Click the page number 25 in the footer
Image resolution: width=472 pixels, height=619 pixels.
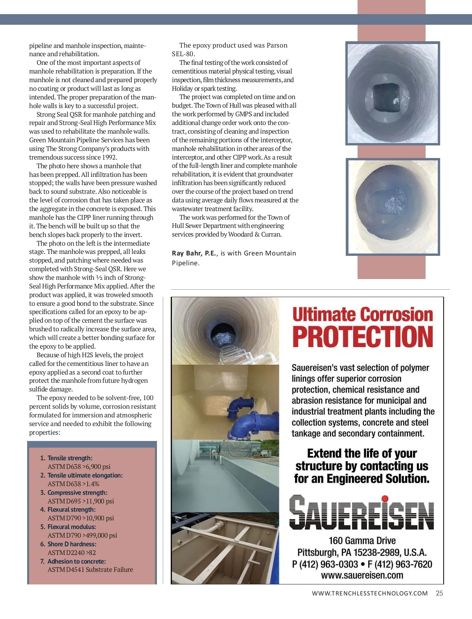click(x=439, y=593)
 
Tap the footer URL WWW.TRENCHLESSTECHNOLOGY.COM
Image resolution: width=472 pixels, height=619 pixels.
click(x=370, y=593)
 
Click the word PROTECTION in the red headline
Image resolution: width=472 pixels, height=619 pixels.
click(x=363, y=337)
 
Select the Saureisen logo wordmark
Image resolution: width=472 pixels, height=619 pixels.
click(x=361, y=512)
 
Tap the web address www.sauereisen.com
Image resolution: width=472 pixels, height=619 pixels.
click(x=362, y=575)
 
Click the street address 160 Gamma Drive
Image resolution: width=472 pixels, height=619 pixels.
click(x=362, y=540)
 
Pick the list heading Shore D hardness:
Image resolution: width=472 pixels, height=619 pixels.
click(x=72, y=544)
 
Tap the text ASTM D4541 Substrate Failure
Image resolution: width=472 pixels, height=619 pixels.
click(x=90, y=569)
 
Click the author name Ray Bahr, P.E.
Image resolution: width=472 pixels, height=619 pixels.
click(x=194, y=253)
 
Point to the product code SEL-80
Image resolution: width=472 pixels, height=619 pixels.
click(x=183, y=54)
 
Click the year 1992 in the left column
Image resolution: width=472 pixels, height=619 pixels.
click(x=109, y=157)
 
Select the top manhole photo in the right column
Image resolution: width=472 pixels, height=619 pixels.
click(x=393, y=93)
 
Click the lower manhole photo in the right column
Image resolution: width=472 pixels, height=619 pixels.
click(x=393, y=206)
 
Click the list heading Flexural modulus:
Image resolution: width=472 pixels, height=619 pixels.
click(x=72, y=527)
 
